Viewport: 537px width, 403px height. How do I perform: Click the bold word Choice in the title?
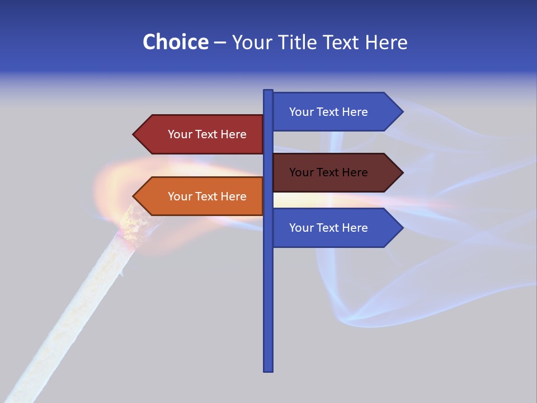(x=175, y=42)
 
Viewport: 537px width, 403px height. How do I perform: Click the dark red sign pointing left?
(x=201, y=134)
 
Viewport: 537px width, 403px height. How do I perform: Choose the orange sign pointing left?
(x=201, y=196)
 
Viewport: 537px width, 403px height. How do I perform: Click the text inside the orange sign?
(x=207, y=196)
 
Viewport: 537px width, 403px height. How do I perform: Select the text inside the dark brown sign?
(x=328, y=172)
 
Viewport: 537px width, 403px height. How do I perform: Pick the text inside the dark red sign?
(x=207, y=134)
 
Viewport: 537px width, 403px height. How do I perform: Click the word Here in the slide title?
(x=386, y=42)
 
